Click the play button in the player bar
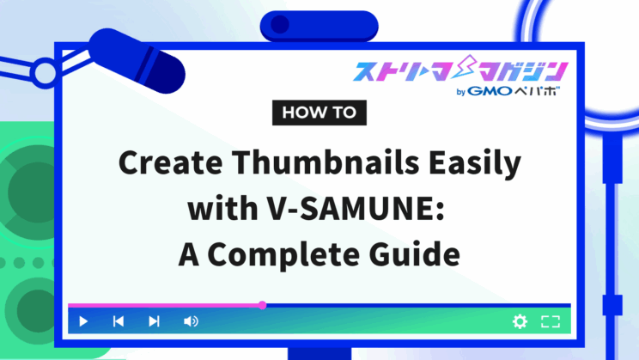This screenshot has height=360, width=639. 83,321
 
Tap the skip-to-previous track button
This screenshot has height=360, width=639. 119,321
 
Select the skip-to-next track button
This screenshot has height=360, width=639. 154,321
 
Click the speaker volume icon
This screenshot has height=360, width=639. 191,321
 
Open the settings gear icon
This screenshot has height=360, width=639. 520,321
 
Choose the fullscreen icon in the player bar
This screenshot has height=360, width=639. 551,321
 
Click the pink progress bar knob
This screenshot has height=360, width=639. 263,305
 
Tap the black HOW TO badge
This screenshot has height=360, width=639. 319,113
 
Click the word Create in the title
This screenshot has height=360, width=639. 170,162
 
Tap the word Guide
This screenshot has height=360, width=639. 415,253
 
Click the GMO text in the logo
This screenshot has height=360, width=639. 490,91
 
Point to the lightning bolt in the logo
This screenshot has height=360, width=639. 466,67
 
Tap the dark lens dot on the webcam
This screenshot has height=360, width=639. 280,24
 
